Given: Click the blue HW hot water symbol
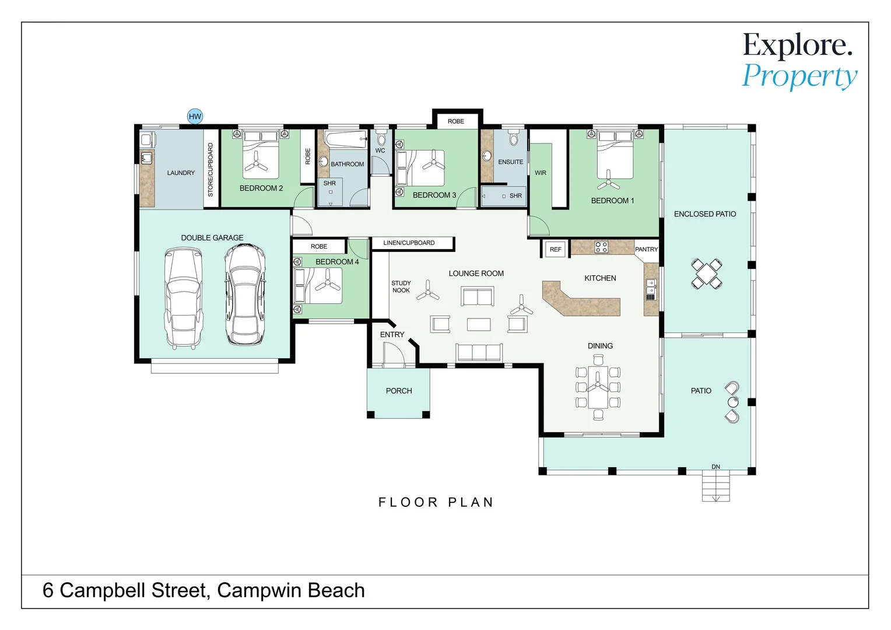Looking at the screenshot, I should [x=195, y=116].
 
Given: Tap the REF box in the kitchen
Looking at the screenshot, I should [x=555, y=249].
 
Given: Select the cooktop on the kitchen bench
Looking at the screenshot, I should [x=601, y=247].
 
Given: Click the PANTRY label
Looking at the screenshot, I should [x=646, y=249].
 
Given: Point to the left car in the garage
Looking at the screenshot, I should [x=183, y=297].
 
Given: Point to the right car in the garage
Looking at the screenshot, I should [x=245, y=295].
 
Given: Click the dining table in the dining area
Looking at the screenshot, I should [x=598, y=387].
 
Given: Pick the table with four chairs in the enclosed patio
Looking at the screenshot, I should [x=706, y=274].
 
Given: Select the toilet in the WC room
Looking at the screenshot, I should [x=381, y=139].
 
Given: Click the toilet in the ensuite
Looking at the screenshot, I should [x=513, y=138].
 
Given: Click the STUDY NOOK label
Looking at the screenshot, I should [x=401, y=286].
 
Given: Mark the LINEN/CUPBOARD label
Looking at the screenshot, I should [x=409, y=243].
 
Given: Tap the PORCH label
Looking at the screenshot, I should [x=399, y=391].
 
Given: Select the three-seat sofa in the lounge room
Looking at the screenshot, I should [x=479, y=352].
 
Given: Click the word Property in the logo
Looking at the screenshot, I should [x=799, y=76].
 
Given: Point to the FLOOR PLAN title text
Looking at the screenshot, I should [x=436, y=502].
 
